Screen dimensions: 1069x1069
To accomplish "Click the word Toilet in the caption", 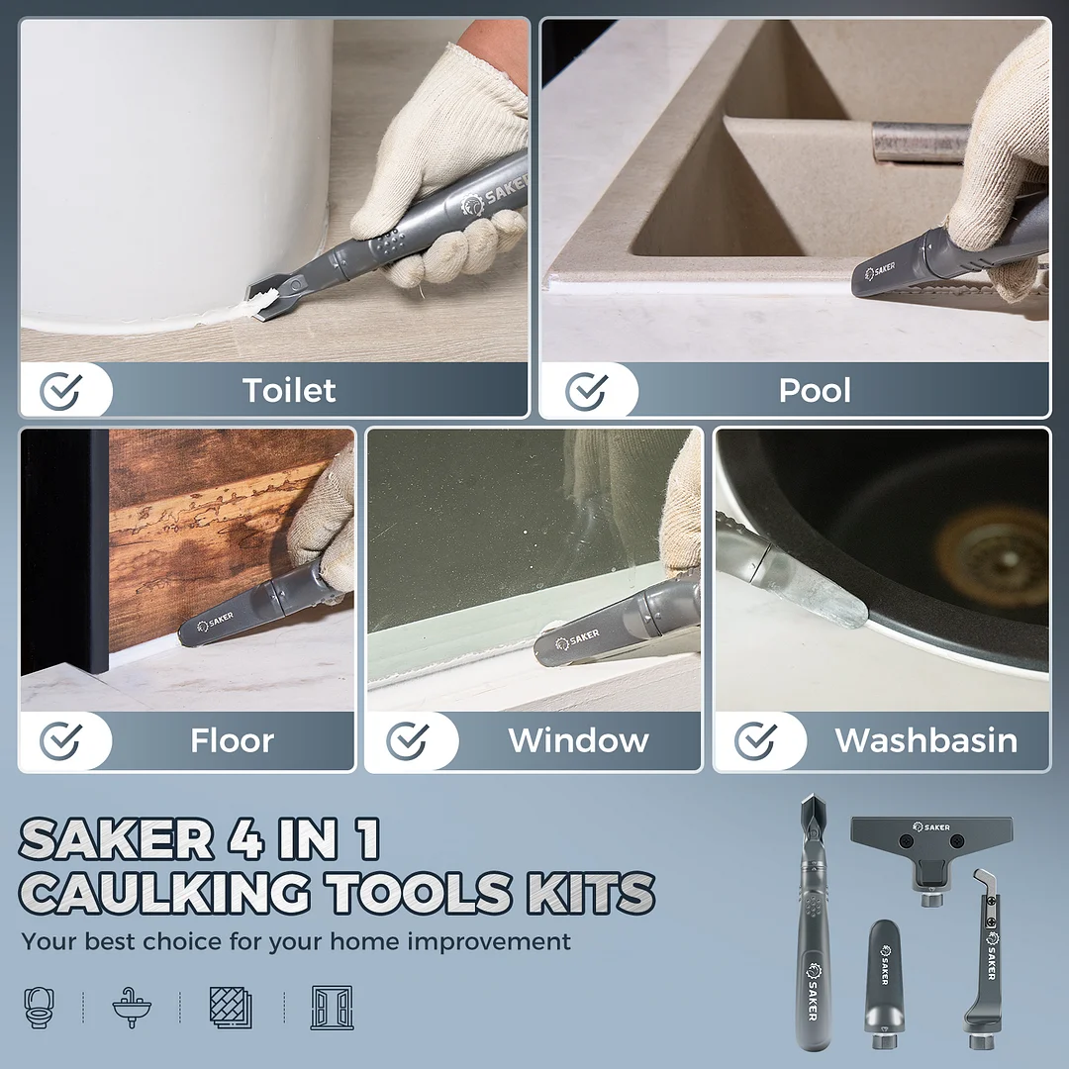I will click(x=289, y=391).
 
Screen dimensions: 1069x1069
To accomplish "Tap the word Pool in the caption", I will click(x=815, y=391).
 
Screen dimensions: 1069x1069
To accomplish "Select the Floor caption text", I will click(x=232, y=740).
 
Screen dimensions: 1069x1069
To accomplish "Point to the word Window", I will click(x=578, y=740).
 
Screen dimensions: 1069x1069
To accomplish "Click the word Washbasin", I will click(x=925, y=740).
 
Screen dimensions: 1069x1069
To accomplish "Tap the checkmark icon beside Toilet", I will click(x=60, y=392).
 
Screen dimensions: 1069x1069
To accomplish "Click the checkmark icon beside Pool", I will click(x=586, y=392).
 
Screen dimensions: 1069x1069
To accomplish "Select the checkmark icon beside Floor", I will click(x=60, y=741).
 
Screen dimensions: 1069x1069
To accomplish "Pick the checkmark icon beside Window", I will click(x=407, y=741).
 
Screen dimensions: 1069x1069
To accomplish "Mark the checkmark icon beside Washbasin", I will click(x=756, y=741).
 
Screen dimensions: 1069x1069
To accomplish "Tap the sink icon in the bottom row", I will click(x=132, y=1007).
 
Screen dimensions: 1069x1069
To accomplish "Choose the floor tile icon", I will click(x=231, y=1007).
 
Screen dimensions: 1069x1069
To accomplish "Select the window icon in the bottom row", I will click(x=332, y=1007).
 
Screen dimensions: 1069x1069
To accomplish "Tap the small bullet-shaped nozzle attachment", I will click(x=882, y=980).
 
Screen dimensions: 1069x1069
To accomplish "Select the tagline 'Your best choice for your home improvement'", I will click(x=296, y=941).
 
